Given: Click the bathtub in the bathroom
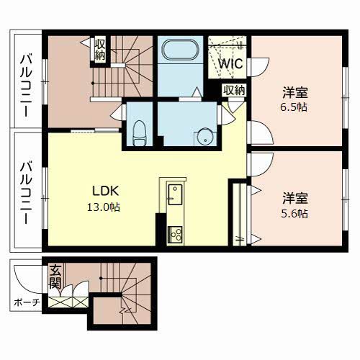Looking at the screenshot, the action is coord(181,50).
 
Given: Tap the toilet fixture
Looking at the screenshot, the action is coord(140,132).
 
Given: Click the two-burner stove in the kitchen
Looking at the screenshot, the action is coord(175,235).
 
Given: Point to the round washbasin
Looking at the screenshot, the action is coord(204,138).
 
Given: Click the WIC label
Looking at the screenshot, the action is coord(230,64).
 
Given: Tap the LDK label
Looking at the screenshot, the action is coord(106,191).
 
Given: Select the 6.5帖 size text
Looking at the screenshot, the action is coord(294,107).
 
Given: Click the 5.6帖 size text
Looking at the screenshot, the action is coord(294,213).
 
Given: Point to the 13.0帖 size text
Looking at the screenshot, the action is coord(104,207).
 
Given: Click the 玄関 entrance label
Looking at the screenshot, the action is coord(55,276).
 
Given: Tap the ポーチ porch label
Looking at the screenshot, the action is coord(27,302).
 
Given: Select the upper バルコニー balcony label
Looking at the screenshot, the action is coord(26,86).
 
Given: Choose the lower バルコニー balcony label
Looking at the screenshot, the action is coord(26,193).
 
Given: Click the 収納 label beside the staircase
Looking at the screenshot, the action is coord(99,50).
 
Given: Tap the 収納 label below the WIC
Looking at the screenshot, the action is coord(234,91).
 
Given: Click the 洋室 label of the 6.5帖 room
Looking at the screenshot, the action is coord(295,93).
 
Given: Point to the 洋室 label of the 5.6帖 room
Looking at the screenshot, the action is coord(295,199).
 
